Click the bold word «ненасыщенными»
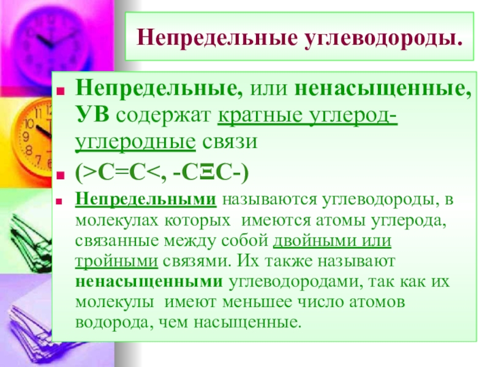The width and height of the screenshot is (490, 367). tap(149, 281)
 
